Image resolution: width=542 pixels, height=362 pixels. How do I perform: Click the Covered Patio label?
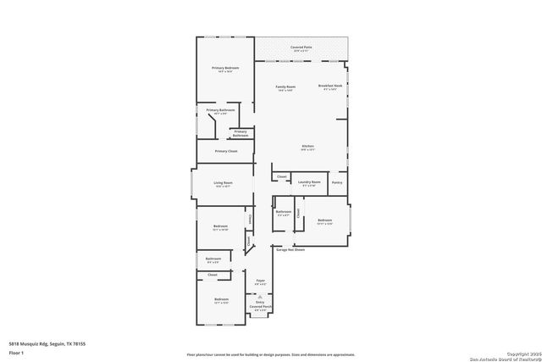point(301,47)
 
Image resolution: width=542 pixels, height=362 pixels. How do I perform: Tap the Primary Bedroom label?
point(224,67)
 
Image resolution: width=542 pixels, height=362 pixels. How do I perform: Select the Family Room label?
point(285,86)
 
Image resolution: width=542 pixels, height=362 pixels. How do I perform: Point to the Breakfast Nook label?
point(329,86)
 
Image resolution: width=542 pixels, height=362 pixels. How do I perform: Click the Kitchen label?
point(307,147)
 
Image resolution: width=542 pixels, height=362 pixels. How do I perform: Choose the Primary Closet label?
point(225,151)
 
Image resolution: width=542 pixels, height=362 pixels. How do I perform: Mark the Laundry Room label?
point(311,181)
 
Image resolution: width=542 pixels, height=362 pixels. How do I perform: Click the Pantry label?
point(337,181)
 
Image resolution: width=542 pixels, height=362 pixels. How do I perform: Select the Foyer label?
point(261,280)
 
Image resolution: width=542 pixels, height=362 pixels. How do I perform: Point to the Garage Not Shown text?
point(290,249)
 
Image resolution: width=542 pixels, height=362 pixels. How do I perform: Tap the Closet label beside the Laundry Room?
point(281,176)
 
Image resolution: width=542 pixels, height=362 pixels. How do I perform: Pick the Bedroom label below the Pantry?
point(325,220)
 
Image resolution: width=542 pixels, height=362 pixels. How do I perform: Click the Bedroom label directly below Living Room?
point(220,226)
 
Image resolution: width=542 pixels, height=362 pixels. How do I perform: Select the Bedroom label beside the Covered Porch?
point(221,299)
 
